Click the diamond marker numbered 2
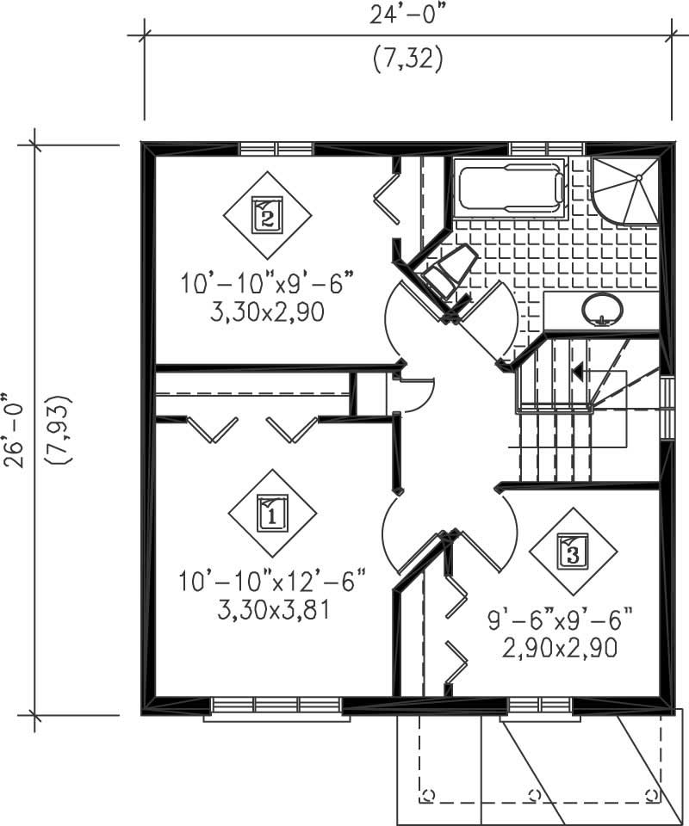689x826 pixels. coord(267,214)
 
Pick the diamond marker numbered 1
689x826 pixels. coord(272,513)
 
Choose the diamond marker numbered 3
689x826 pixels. coord(574,551)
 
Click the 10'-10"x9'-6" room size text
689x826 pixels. coord(267,282)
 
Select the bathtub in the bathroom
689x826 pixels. coord(510,188)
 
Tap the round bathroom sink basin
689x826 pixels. coord(602,309)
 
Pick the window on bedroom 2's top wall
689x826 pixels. coord(276,149)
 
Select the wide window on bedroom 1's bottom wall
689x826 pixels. coord(276,706)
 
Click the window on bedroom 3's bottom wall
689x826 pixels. coord(539,706)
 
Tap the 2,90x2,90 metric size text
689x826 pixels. coord(560,648)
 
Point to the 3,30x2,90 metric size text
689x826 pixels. coord(267,312)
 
